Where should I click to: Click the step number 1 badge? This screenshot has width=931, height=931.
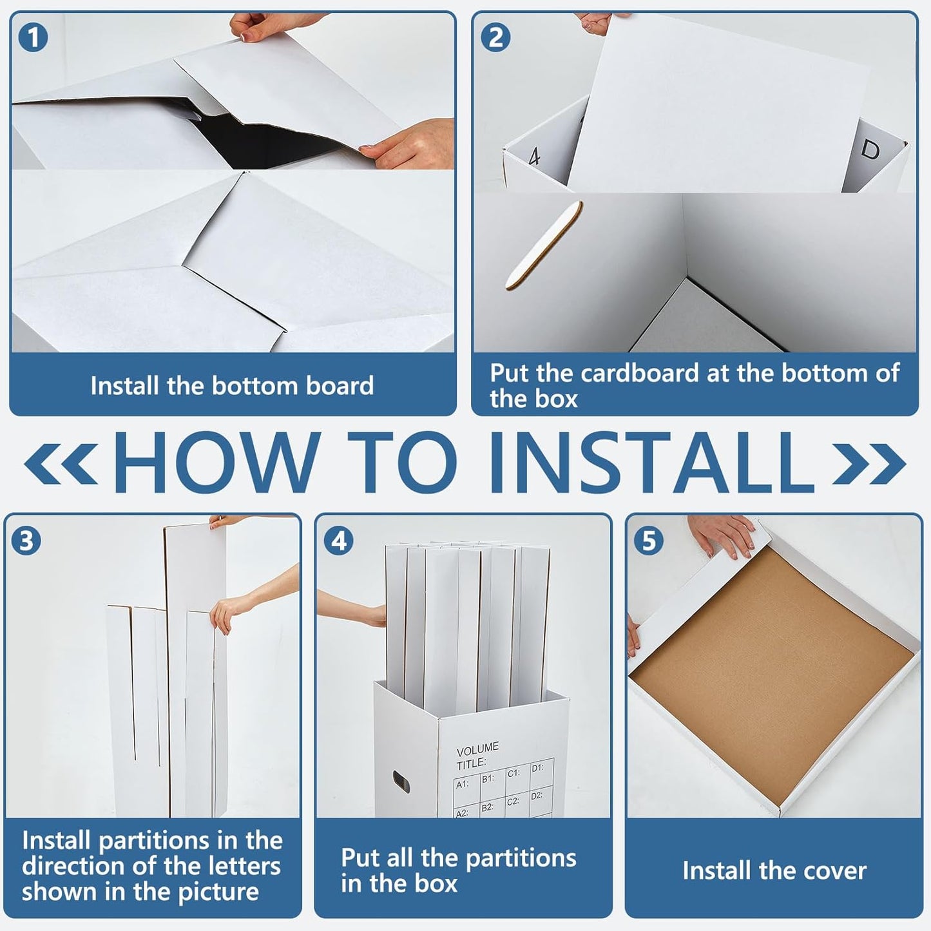(x=33, y=37)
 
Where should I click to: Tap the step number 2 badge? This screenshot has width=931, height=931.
(x=495, y=37)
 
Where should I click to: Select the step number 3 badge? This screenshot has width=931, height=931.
(x=26, y=541)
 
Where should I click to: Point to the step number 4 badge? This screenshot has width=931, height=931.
(x=339, y=541)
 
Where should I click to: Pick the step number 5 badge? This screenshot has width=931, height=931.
(x=649, y=541)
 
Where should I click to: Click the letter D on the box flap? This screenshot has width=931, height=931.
(x=870, y=149)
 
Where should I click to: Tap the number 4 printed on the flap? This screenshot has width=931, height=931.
(x=534, y=157)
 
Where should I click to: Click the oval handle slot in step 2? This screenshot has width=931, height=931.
(x=544, y=245)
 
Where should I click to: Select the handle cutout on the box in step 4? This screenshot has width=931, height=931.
(x=401, y=782)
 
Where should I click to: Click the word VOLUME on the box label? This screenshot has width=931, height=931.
(x=477, y=749)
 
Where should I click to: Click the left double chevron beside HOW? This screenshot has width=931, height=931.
(x=61, y=464)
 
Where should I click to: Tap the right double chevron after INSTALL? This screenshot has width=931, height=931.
(x=869, y=464)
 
